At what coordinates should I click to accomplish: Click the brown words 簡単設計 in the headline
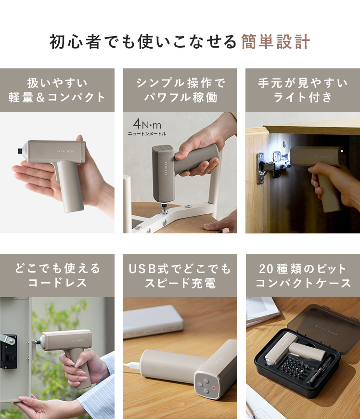tap(276, 42)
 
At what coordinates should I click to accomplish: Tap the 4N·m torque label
tap(147, 124)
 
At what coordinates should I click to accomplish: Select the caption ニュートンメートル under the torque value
tap(147, 133)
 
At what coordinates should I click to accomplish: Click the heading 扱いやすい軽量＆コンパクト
tap(57, 90)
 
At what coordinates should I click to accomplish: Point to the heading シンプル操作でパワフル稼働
tap(180, 90)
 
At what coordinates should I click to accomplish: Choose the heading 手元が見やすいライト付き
tap(303, 90)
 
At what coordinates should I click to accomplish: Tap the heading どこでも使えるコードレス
tap(57, 275)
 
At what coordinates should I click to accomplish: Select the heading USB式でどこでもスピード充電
tap(180, 275)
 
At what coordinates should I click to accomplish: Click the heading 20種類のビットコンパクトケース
tap(303, 275)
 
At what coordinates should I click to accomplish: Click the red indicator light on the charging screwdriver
tap(214, 388)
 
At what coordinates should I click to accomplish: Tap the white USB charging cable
tap(132, 364)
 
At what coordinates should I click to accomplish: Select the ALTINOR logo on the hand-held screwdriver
tap(66, 151)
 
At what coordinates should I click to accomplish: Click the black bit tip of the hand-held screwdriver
tap(20, 151)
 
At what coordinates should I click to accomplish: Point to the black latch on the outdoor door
tap(8, 350)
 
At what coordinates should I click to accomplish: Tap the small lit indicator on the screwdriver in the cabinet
tap(342, 151)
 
